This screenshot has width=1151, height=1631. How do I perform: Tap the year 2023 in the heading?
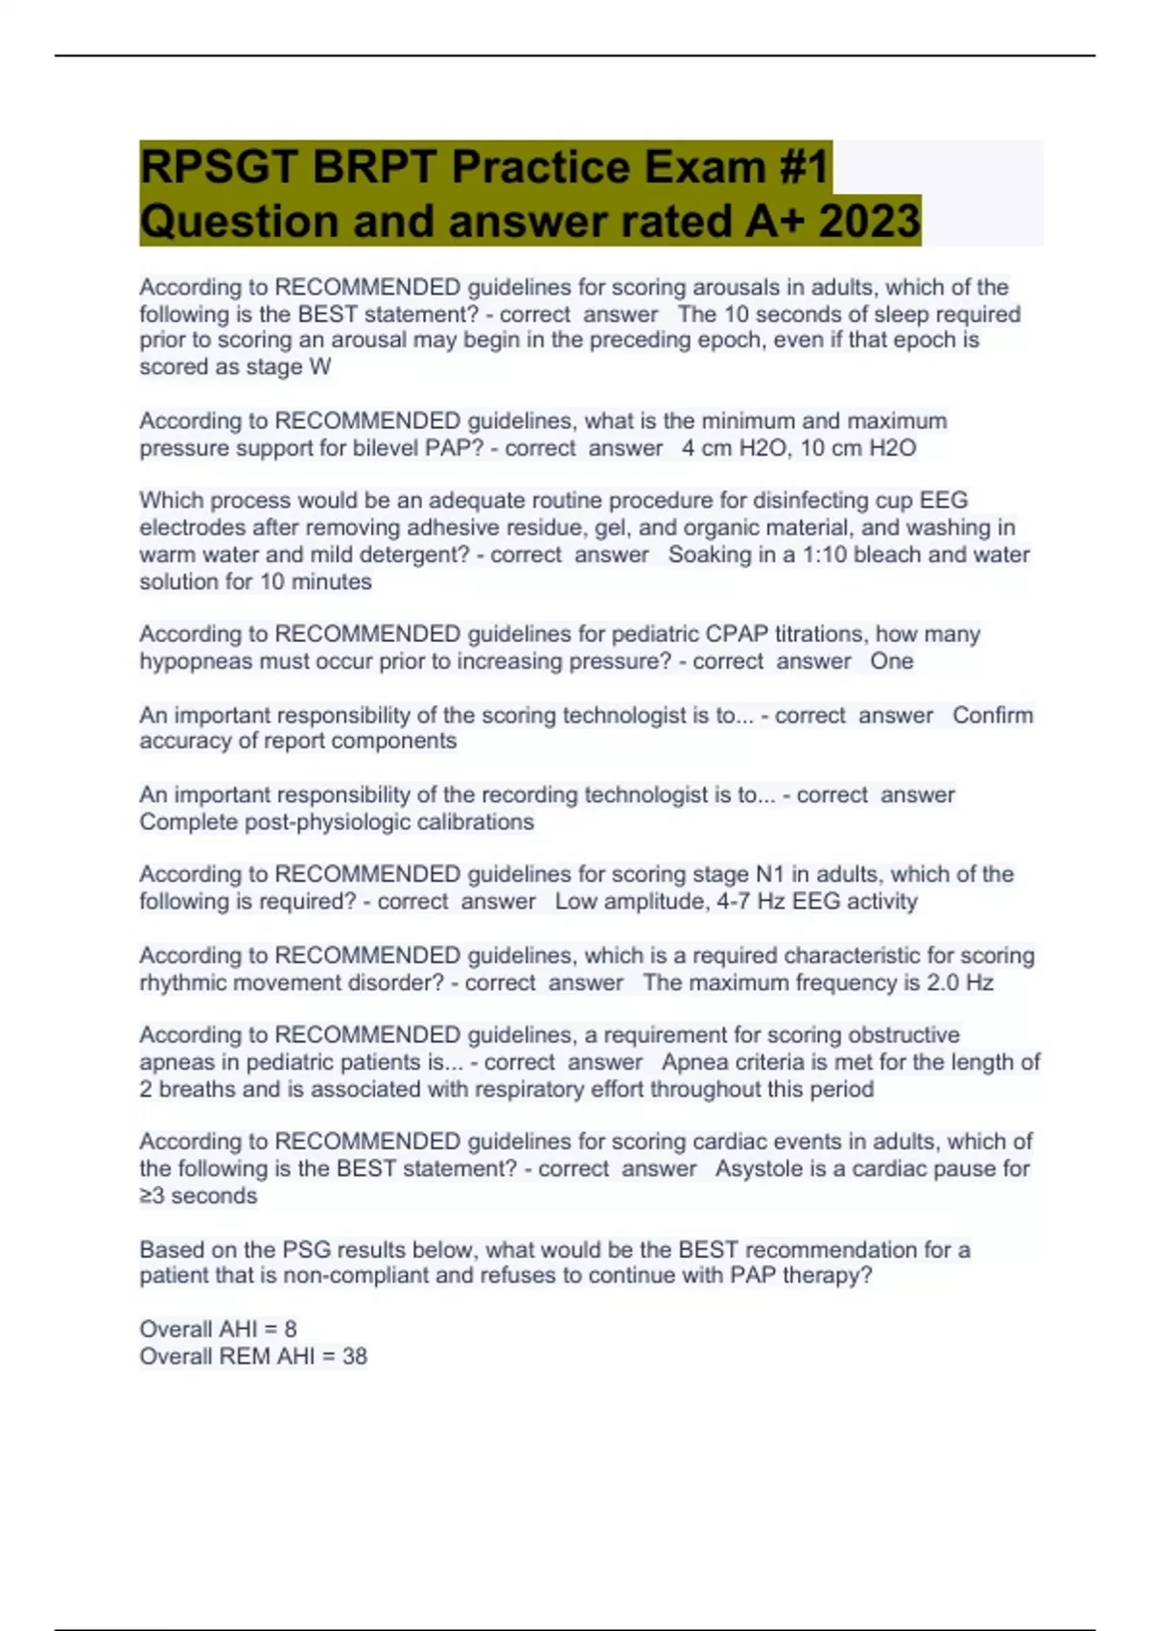point(869,221)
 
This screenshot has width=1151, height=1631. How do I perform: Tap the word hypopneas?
point(198,661)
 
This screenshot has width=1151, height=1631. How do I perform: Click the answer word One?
point(891,661)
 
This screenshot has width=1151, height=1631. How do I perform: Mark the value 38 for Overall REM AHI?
point(354,1356)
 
